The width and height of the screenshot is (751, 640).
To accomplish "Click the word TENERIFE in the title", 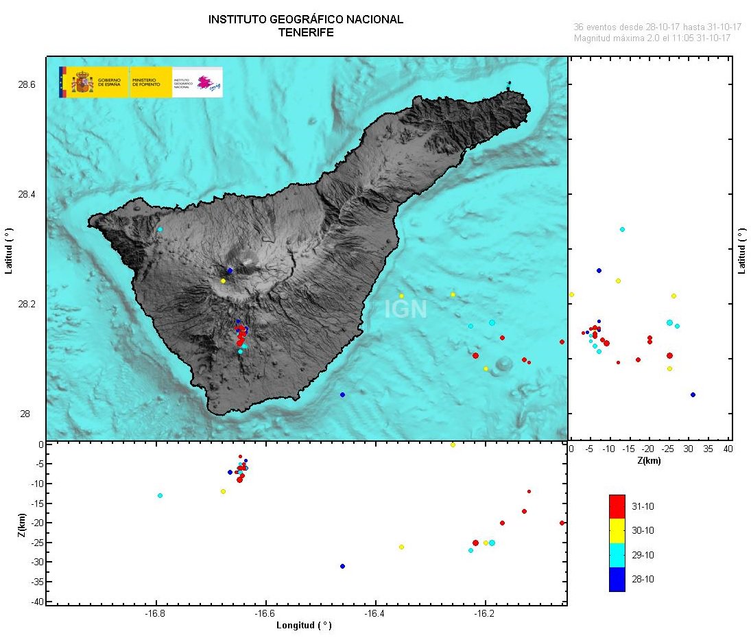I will click(305, 32).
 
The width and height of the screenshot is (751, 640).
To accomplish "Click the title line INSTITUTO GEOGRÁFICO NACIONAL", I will click(305, 20).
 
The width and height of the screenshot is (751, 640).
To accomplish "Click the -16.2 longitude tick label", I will click(485, 614).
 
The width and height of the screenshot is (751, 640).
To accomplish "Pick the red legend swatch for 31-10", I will click(617, 506).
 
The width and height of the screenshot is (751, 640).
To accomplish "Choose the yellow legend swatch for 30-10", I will click(617, 530).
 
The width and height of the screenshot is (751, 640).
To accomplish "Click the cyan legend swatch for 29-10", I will click(617, 555).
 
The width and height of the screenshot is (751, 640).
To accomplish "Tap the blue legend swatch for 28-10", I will click(617, 579).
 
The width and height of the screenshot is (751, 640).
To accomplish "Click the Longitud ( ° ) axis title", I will click(304, 626).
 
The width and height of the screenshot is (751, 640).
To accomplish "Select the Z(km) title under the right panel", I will click(649, 461).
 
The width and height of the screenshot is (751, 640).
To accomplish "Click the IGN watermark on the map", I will click(405, 310).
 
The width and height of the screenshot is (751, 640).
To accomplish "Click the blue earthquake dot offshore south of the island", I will click(342, 394).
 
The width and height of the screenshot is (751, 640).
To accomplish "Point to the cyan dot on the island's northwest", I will click(160, 229).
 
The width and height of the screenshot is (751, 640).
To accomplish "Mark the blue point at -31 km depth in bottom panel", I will click(342, 566).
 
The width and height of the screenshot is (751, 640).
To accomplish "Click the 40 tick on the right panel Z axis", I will click(728, 449).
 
